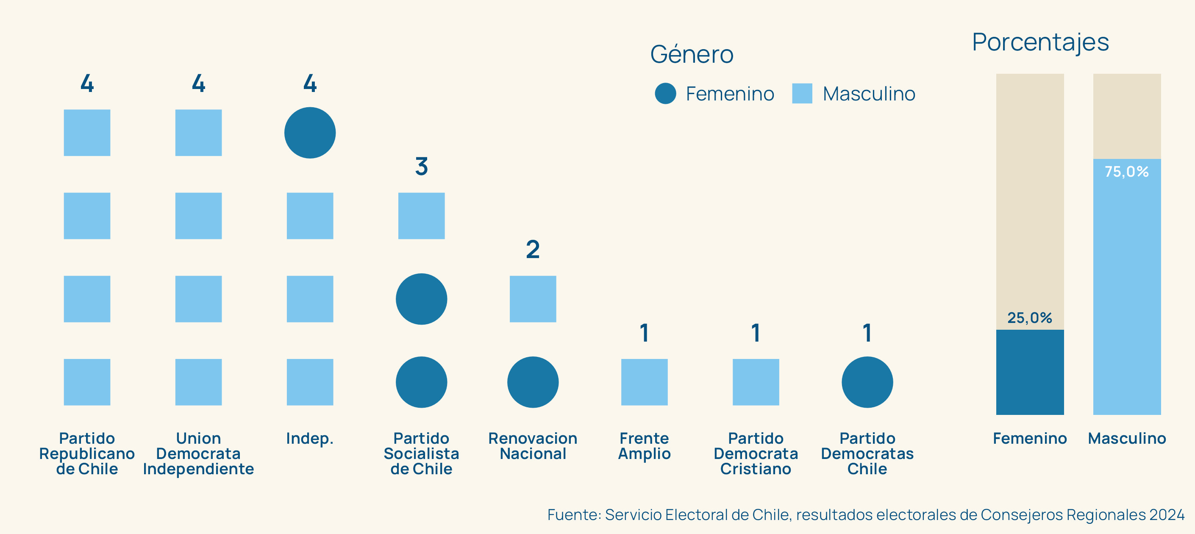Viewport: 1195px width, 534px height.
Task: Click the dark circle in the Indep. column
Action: click(310, 133)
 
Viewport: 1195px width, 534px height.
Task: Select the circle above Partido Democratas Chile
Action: click(867, 382)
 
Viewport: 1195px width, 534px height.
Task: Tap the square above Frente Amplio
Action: click(645, 382)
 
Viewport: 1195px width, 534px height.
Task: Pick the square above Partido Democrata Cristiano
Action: click(756, 382)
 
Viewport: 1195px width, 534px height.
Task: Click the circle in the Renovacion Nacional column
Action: click(533, 382)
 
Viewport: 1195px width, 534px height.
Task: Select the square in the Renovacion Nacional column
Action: click(533, 299)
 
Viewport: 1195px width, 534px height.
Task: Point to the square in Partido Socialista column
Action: click(421, 216)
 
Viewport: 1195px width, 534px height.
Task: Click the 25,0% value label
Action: click(1029, 318)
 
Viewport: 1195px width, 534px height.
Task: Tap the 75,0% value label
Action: click(1126, 172)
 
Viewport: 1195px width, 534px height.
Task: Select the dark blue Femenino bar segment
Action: click(1029, 372)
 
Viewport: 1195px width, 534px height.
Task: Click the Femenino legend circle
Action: click(665, 93)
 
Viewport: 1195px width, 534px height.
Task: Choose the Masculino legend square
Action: click(802, 93)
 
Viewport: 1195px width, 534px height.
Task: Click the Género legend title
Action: click(692, 54)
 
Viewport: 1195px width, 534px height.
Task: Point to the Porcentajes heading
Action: click(1040, 42)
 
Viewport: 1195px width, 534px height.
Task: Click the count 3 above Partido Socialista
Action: click(421, 166)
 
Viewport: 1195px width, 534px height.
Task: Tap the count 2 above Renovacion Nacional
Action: click(533, 250)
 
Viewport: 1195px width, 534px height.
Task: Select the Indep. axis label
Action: click(310, 438)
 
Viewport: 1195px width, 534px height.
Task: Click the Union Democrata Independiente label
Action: click(199, 453)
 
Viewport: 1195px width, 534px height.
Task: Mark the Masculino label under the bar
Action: click(1127, 438)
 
